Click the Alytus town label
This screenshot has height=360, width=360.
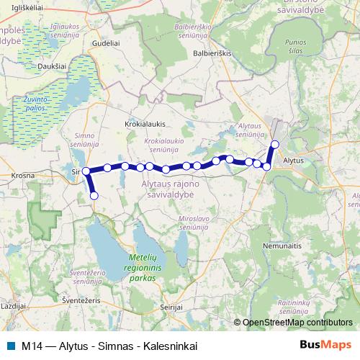(295, 161)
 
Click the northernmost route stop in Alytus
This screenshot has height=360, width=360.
(274, 144)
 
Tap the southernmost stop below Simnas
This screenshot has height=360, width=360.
(94, 195)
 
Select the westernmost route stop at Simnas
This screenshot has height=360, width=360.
(86, 171)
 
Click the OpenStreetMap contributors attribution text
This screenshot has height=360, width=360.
(297, 323)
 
